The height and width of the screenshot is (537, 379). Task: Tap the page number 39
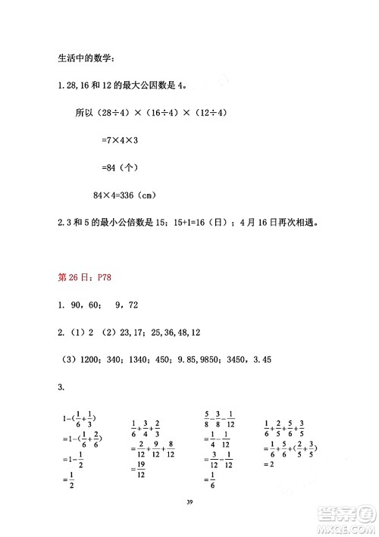click(189, 522)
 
